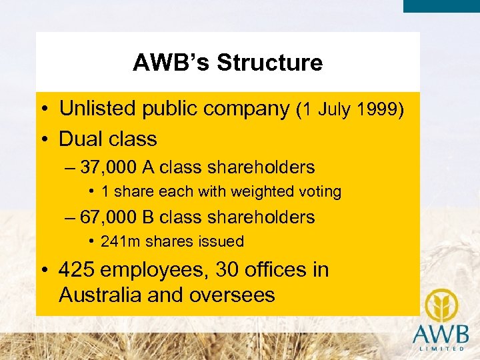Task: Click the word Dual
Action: [x=81, y=139]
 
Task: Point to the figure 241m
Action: [x=118, y=241]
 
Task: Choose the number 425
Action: [x=76, y=270]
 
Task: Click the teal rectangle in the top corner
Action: [x=441, y=6]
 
